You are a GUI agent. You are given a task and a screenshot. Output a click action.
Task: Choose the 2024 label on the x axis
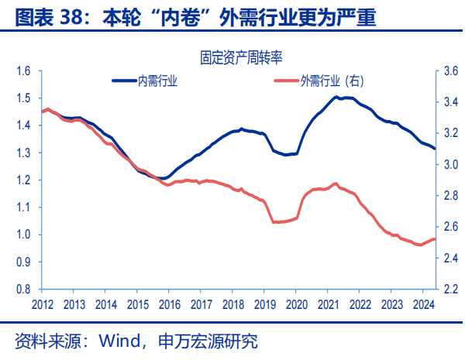[x=422, y=303]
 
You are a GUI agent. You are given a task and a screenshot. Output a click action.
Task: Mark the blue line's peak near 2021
[x=336, y=97]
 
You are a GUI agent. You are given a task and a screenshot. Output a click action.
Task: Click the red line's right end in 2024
[x=435, y=239]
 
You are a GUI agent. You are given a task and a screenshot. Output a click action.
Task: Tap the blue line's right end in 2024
[x=435, y=149]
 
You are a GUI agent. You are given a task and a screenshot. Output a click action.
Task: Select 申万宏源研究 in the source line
[x=207, y=341]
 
